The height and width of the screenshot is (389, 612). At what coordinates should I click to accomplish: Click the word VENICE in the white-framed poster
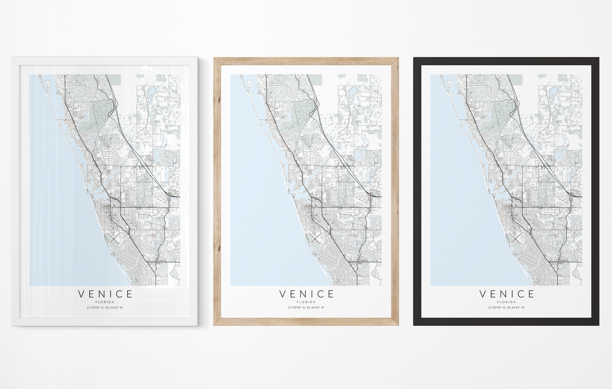105,294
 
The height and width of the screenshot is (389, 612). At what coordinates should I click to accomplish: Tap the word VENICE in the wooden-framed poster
306,294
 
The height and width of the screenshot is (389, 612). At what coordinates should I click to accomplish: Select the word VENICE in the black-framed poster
507,294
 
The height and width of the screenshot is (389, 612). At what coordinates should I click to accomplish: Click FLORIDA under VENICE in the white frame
105,302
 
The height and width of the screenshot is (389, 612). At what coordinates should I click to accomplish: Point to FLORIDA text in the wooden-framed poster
306,302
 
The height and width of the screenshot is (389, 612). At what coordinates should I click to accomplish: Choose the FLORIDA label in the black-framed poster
506,302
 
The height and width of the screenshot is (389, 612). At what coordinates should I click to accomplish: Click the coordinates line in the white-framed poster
105,308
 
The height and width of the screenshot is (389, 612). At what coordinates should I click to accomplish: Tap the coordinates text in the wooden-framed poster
306,308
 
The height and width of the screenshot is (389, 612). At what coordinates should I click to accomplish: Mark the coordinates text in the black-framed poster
506,308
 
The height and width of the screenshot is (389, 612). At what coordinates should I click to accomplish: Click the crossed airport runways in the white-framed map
114,238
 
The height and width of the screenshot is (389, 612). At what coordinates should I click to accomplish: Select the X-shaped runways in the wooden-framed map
315,238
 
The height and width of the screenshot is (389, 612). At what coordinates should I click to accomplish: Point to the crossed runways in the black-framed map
516,238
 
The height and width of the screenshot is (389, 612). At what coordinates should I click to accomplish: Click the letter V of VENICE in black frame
483,294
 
